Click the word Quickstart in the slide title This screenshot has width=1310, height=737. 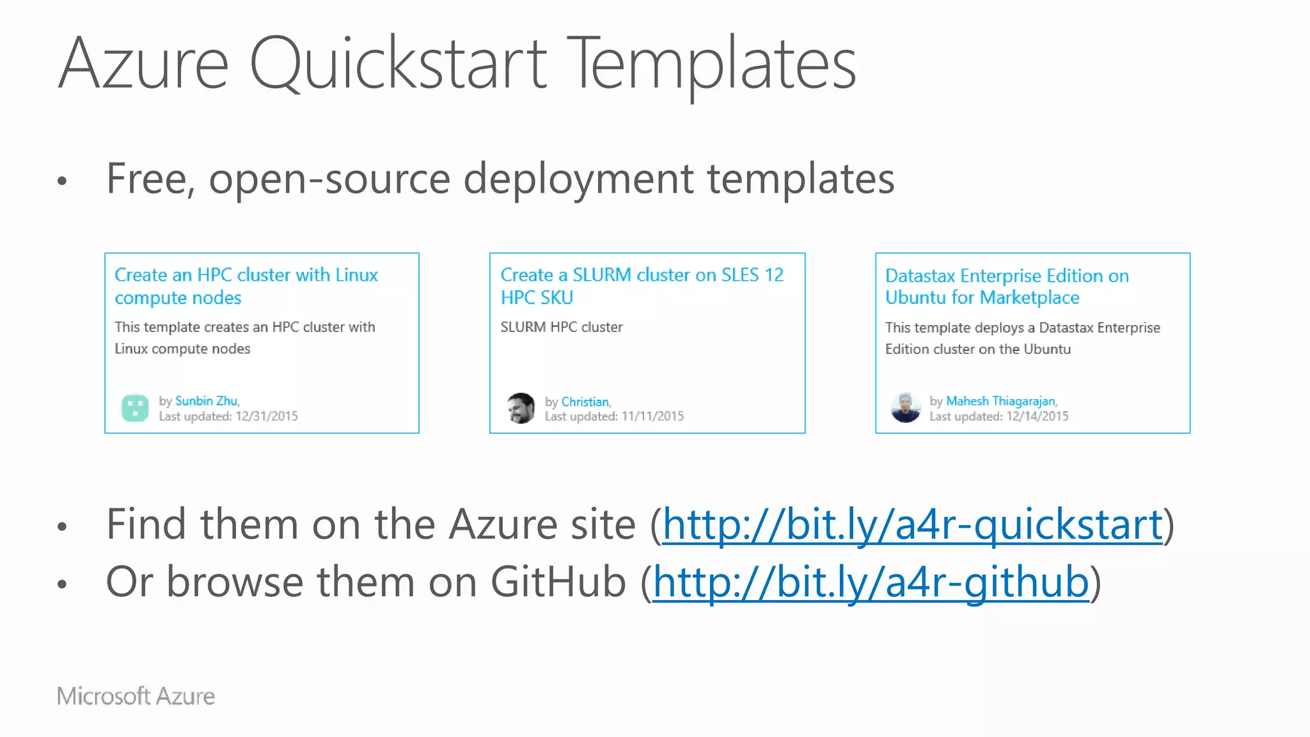(x=397, y=64)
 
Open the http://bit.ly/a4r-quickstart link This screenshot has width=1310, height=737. (x=911, y=525)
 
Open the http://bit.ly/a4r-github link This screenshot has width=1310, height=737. (x=870, y=582)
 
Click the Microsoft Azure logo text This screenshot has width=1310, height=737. (x=136, y=696)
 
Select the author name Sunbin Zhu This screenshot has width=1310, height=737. (x=206, y=401)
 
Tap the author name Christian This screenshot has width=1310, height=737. (x=585, y=402)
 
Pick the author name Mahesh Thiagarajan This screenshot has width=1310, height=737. (x=1000, y=401)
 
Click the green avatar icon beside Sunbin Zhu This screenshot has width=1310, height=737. (x=135, y=408)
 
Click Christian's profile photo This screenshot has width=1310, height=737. (x=521, y=408)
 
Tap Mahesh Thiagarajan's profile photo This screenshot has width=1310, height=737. (x=906, y=408)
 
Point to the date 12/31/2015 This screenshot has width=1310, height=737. (x=267, y=416)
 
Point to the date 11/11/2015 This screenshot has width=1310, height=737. (x=652, y=416)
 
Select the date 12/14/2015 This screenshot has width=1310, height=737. (x=1037, y=416)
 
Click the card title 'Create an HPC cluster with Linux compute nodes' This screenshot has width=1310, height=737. (x=246, y=286)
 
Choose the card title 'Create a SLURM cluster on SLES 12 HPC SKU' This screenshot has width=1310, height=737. (x=642, y=286)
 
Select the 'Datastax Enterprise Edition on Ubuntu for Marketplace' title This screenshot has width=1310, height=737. (x=1007, y=287)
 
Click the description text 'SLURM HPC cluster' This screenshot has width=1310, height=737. (x=562, y=327)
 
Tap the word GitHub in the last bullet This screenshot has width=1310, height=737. (x=558, y=582)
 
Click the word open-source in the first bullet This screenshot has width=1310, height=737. (x=329, y=178)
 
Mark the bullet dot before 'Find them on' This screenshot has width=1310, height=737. (x=62, y=527)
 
